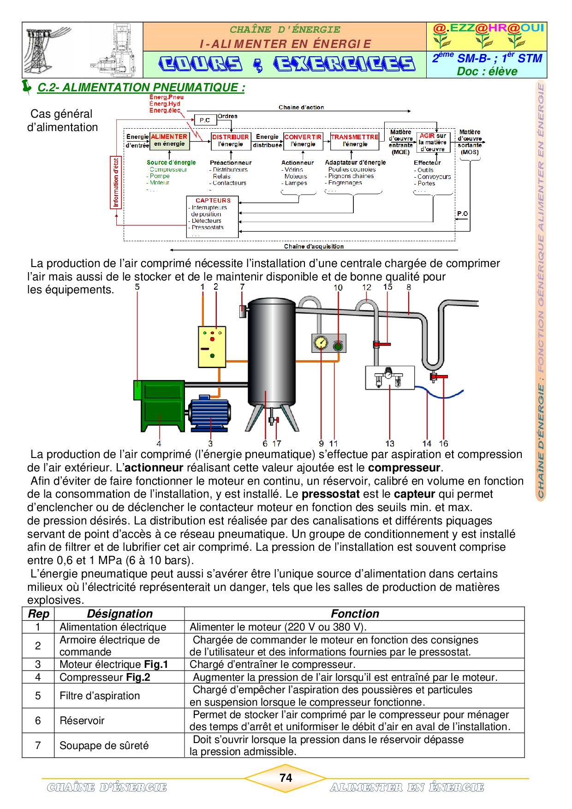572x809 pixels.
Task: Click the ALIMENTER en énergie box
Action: click(169, 141)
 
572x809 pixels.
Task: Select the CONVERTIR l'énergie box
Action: click(303, 141)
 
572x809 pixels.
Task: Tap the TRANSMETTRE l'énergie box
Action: click(354, 141)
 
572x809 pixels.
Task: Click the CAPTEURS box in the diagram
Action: click(213, 217)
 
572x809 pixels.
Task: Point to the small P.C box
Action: click(205, 120)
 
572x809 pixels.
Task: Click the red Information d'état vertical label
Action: click(116, 183)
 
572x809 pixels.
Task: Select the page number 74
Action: click(286, 778)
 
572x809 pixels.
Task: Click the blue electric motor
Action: click(210, 412)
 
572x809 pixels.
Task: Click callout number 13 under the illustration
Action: click(390, 444)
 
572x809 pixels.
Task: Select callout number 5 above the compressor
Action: click(137, 287)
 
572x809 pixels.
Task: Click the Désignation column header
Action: click(119, 614)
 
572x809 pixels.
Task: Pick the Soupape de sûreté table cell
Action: click(104, 746)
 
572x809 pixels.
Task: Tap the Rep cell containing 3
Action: click(38, 664)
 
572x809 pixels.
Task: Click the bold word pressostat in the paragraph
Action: click(330, 494)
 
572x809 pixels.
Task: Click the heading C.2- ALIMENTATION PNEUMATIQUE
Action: click(141, 88)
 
